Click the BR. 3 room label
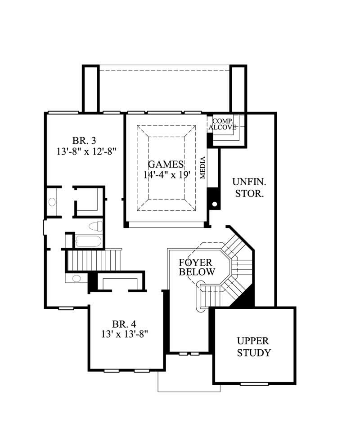(84, 139)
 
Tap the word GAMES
(166, 165)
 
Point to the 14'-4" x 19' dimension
(166, 175)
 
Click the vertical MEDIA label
(203, 168)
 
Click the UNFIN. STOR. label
(249, 188)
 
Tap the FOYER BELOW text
(197, 267)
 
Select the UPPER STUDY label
(254, 347)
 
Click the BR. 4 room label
(124, 324)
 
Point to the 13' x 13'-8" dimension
(124, 334)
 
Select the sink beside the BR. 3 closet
(52, 202)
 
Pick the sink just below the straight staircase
(76, 278)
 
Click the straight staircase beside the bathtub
(94, 259)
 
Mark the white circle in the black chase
(215, 205)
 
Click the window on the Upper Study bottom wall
(254, 383)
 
